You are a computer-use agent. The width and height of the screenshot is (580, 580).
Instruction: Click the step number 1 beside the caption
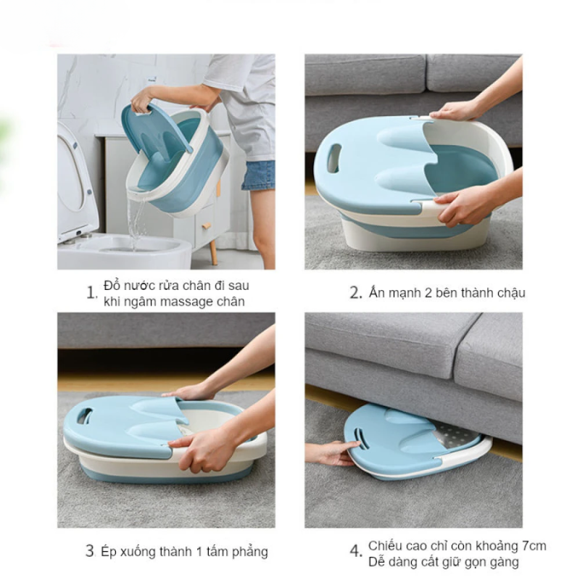pos(91,293)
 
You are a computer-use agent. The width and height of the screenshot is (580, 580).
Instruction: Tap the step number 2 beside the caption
pos(355,293)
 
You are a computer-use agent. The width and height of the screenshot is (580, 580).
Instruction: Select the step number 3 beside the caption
pos(90,551)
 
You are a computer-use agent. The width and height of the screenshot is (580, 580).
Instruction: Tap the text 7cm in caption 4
pos(534,546)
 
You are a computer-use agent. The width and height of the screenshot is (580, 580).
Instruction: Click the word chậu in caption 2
pos(511,293)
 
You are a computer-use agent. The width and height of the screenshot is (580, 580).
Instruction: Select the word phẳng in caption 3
pos(250,552)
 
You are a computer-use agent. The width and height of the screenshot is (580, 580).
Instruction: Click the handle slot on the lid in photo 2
pos(334,157)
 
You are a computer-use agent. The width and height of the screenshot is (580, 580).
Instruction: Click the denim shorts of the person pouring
pos(258,175)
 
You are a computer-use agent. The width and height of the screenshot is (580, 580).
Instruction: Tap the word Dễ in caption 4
pos(377,562)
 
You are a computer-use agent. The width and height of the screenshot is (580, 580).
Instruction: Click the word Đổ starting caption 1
pos(112,285)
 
